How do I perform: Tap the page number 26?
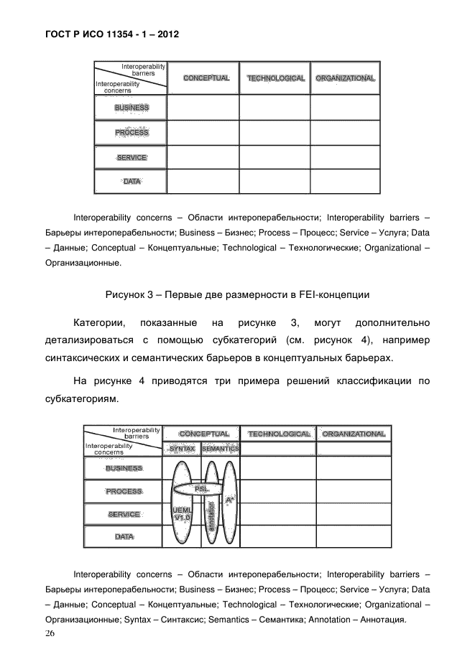(x=50, y=633)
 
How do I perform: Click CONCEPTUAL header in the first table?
(x=206, y=78)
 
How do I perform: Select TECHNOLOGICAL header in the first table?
(x=276, y=78)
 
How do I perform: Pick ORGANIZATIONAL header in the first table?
(x=345, y=78)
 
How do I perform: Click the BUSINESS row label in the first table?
(x=132, y=108)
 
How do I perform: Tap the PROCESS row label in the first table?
(x=132, y=133)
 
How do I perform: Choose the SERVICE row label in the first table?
(x=132, y=157)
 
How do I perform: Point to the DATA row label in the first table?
(x=132, y=182)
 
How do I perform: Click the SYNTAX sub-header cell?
(x=182, y=449)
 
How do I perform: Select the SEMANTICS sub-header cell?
(x=220, y=449)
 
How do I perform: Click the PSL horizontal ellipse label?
(x=202, y=488)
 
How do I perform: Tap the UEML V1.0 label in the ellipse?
(x=182, y=513)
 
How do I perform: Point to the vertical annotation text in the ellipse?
(x=211, y=515)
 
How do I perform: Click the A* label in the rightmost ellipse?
(x=229, y=499)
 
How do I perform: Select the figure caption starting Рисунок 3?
(x=237, y=294)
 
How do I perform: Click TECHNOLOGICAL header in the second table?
(x=279, y=434)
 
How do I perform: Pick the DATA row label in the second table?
(x=124, y=536)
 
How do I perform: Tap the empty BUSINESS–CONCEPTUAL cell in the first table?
(x=203, y=108)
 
